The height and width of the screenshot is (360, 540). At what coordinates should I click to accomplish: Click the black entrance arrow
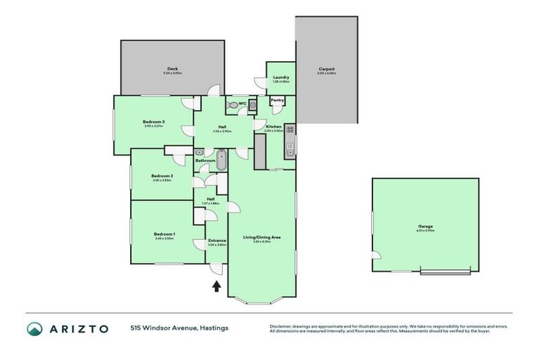click(217, 285)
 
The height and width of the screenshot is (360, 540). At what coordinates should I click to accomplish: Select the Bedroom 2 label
click(162, 176)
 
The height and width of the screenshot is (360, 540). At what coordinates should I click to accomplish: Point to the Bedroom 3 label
click(153, 122)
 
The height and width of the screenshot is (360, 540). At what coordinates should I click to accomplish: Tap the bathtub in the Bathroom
click(221, 161)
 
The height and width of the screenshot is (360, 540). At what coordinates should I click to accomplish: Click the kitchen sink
click(290, 149)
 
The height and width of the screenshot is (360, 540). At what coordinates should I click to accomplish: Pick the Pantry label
click(277, 101)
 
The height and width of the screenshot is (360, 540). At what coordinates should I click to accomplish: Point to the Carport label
click(326, 68)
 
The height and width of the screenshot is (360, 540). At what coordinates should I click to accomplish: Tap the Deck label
click(172, 68)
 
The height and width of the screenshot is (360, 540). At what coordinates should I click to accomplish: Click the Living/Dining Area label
click(262, 237)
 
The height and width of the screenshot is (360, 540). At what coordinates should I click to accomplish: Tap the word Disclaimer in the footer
click(283, 326)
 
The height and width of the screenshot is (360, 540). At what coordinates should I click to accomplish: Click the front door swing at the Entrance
click(219, 268)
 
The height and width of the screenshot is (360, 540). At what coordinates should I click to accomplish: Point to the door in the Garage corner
click(378, 258)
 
